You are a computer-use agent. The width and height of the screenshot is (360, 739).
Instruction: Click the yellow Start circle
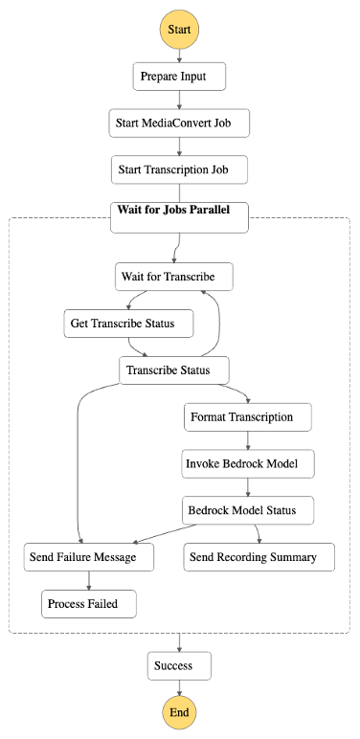[179, 30]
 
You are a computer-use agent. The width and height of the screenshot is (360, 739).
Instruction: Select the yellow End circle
[179, 712]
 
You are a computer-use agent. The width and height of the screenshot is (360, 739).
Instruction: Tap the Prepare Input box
[179, 77]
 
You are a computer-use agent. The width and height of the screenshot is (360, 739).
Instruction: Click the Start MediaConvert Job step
[179, 123]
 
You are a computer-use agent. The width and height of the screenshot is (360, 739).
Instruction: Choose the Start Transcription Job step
[179, 170]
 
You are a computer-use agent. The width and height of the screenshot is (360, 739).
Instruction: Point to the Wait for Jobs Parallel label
[173, 210]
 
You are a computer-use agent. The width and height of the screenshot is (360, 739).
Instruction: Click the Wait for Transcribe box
[173, 278]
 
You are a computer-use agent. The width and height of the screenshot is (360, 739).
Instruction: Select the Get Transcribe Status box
[128, 324]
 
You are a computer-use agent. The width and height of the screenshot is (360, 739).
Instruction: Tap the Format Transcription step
[249, 417]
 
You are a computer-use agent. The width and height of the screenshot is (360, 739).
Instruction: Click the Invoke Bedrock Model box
[249, 464]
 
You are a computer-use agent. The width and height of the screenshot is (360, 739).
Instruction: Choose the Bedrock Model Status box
[249, 510]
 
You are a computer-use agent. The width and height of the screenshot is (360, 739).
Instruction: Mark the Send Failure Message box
[88, 557]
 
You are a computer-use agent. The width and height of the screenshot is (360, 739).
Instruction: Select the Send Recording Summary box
[259, 557]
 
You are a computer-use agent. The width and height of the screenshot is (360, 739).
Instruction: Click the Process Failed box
[88, 604]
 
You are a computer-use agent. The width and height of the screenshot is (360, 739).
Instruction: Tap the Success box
[179, 665]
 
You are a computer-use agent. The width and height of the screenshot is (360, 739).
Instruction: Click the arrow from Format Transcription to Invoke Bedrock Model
[249, 440]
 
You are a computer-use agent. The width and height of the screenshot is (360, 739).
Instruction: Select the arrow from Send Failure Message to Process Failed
[88, 581]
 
